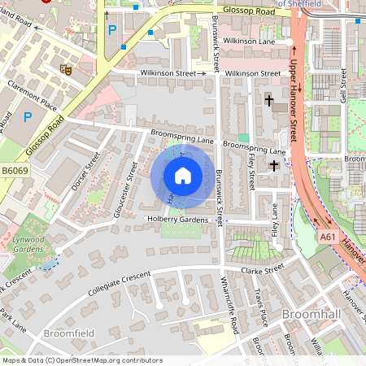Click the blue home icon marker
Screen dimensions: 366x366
pyautogui.click(x=183, y=176)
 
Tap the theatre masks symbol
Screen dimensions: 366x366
pyautogui.click(x=66, y=71)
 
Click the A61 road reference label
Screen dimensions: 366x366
pyautogui.click(x=328, y=237)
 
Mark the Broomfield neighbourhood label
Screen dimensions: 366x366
pyautogui.click(x=69, y=333)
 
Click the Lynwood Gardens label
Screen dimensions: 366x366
pyautogui.click(x=28, y=246)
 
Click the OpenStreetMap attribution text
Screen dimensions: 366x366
pyautogui.click(x=82, y=359)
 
